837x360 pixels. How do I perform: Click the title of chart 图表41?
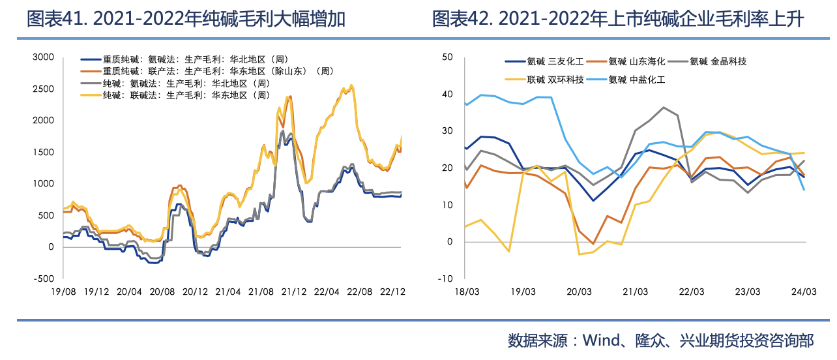186,20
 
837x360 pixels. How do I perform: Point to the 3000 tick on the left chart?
43,57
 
